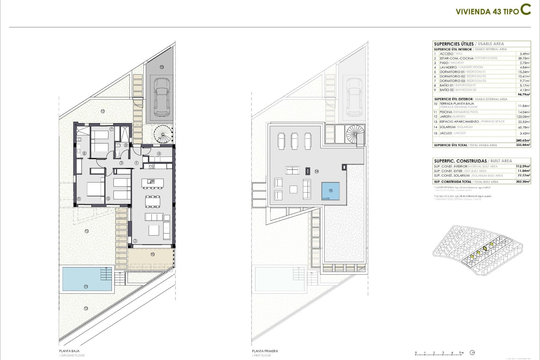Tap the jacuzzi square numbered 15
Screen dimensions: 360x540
(330, 191)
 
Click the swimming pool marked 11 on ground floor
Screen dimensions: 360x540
(86, 279)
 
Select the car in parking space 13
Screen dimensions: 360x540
(162, 97)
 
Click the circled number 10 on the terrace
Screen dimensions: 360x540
(152, 254)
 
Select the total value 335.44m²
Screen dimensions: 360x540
(524, 145)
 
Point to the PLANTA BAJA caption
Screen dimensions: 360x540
(69, 351)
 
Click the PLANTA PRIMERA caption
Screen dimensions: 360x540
(265, 351)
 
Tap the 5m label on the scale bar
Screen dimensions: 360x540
(461, 352)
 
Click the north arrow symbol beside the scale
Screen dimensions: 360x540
(472, 353)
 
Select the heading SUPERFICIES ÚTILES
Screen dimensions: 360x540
(454, 44)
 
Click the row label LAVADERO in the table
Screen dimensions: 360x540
(448, 67)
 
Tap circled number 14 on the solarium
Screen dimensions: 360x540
(316, 171)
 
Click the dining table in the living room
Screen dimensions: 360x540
(153, 202)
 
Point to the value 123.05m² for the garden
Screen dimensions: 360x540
(524, 117)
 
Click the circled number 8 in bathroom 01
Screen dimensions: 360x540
(84, 153)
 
